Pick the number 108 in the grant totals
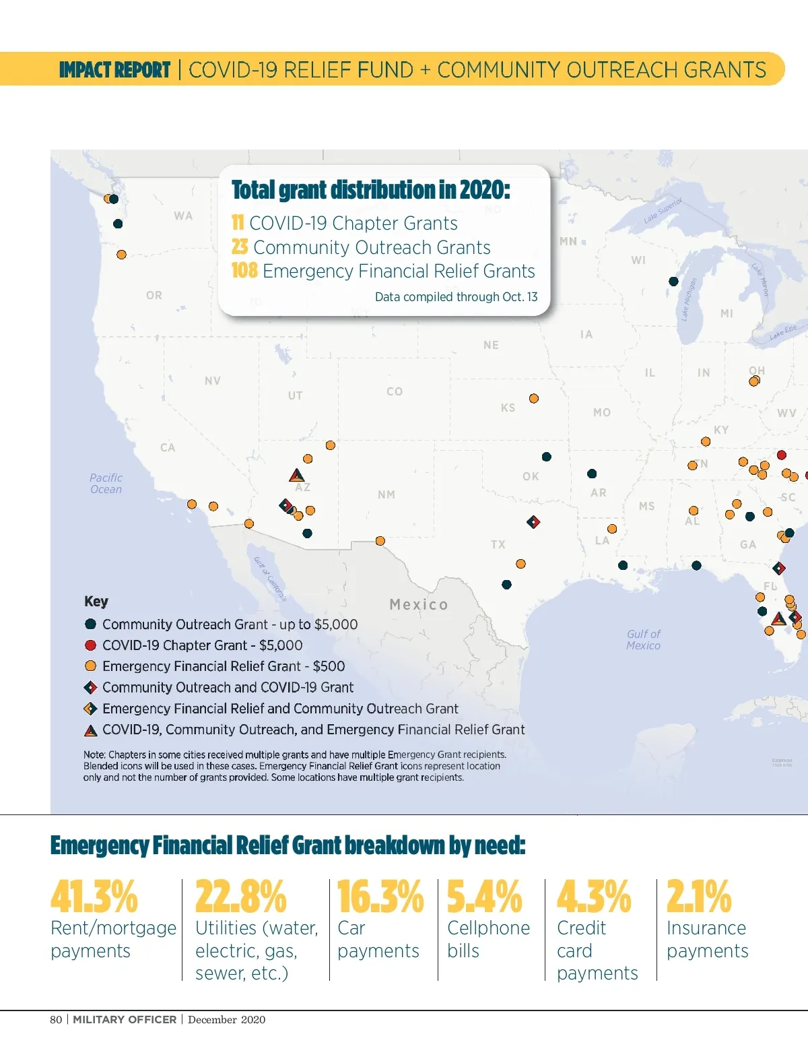244,271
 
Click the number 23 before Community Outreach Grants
240,247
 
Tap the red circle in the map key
90,645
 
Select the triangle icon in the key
90,730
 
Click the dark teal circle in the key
90,624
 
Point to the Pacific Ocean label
106,483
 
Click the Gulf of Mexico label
643,639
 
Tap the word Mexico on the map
419,604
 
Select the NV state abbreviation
213,381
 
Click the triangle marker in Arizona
296,476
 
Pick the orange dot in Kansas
534,399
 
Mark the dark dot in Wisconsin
673,281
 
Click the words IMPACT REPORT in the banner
114,70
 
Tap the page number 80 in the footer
56,1019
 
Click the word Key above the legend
96,602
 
